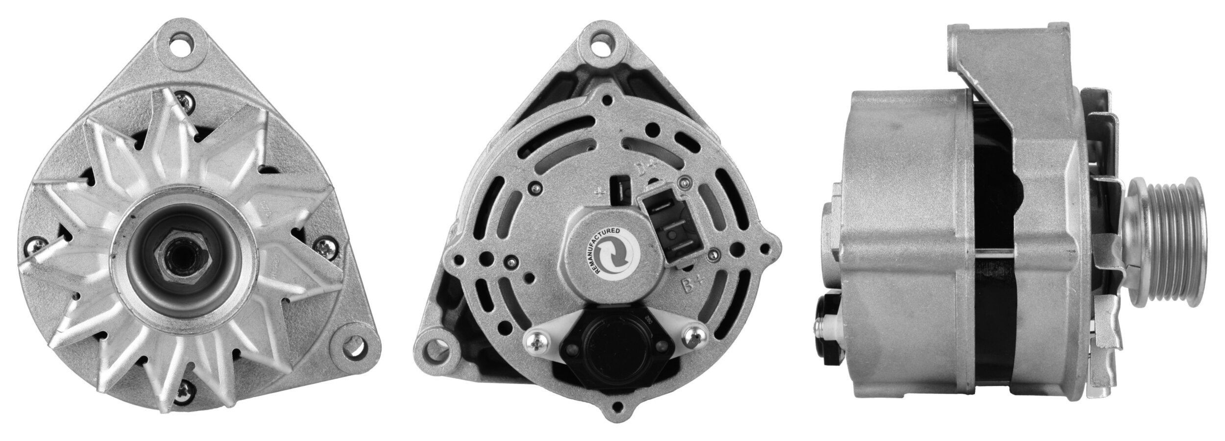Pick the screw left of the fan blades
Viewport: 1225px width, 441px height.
(x=35, y=246)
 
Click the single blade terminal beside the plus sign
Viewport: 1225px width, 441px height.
(x=620, y=191)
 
